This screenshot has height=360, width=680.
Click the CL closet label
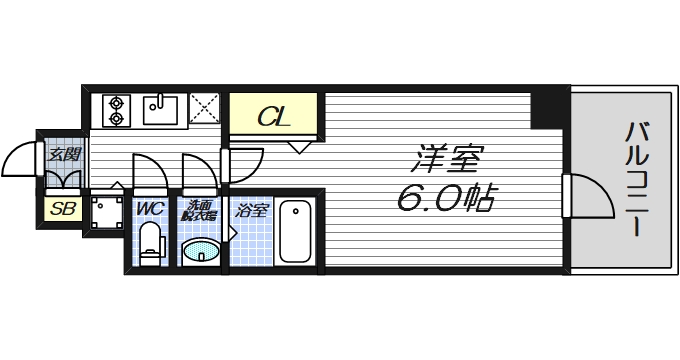(x=275, y=116)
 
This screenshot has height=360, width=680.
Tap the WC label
(x=150, y=209)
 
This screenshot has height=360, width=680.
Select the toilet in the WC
(x=150, y=242)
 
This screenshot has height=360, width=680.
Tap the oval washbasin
(x=201, y=250)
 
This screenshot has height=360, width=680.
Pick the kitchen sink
(x=160, y=107)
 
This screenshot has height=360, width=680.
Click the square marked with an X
(x=206, y=108)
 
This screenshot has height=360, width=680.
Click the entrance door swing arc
(x=22, y=160)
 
